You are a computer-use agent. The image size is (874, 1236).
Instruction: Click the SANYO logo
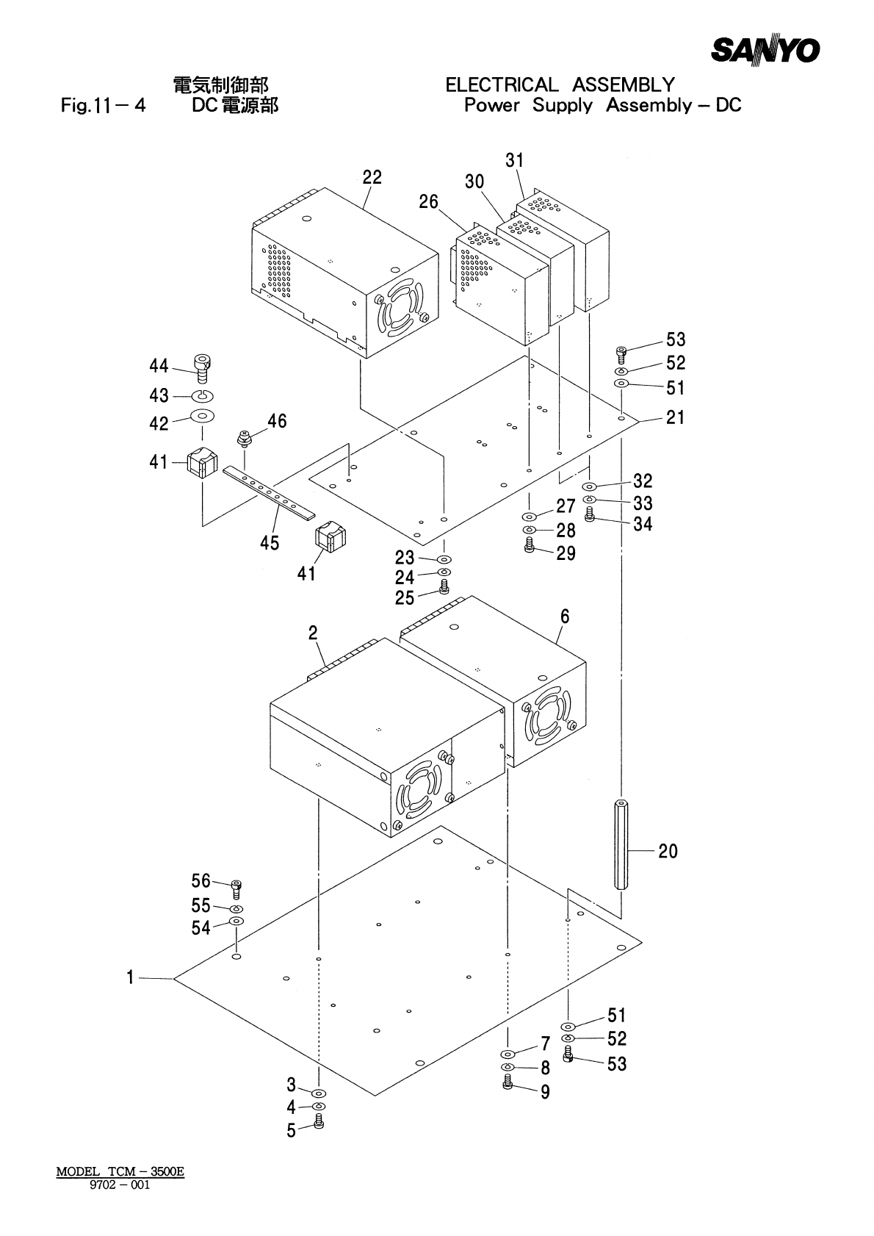(765, 50)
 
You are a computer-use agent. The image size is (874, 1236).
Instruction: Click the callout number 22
(372, 177)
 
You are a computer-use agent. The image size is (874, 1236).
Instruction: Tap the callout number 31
(515, 160)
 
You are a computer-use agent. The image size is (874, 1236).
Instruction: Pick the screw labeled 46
(244, 439)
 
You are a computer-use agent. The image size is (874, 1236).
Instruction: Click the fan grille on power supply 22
(399, 311)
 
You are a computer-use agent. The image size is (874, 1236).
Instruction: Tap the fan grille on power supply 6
(549, 716)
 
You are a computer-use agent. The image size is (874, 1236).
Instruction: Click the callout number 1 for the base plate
(130, 977)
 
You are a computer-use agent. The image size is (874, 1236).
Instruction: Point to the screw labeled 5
(318, 1121)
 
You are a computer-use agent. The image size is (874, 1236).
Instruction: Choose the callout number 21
(675, 417)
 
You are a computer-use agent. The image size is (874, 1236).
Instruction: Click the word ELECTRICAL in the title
(502, 85)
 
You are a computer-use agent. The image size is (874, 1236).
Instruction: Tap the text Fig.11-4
(103, 106)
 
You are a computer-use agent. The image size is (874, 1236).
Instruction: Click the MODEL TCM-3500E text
(120, 1171)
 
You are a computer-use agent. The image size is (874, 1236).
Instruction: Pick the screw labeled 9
(508, 1082)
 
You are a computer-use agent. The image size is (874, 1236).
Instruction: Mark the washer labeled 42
(203, 417)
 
